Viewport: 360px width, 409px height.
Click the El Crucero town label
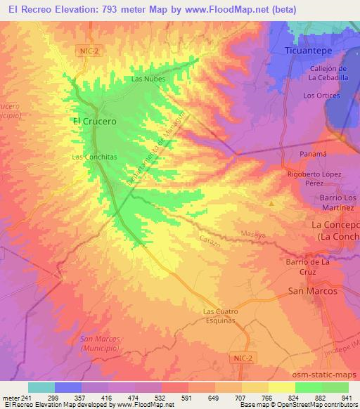tap(94, 121)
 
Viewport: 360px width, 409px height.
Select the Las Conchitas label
tap(94, 157)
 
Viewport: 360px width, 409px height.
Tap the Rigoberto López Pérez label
tap(314, 178)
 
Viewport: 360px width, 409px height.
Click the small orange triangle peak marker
tap(271, 203)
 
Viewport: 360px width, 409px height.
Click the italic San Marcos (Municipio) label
tap(101, 344)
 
